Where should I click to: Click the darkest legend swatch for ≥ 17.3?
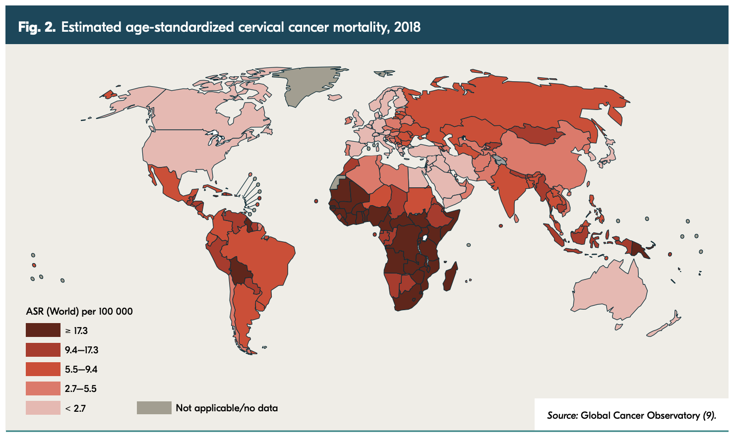pyautogui.click(x=43, y=331)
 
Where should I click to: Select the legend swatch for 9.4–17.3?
pyautogui.click(x=43, y=350)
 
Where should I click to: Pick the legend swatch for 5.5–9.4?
pyautogui.click(x=43, y=369)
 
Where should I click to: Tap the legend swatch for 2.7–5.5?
pyautogui.click(x=43, y=388)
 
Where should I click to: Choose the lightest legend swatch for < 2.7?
pyautogui.click(x=43, y=408)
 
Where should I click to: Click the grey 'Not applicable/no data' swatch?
pyautogui.click(x=154, y=408)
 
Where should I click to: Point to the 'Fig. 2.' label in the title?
pyautogui.click(x=37, y=27)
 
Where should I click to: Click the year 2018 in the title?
pyautogui.click(x=407, y=27)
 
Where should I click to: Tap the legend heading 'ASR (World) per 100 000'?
pyautogui.click(x=79, y=311)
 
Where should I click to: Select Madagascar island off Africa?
pyautogui.click(x=450, y=277)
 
